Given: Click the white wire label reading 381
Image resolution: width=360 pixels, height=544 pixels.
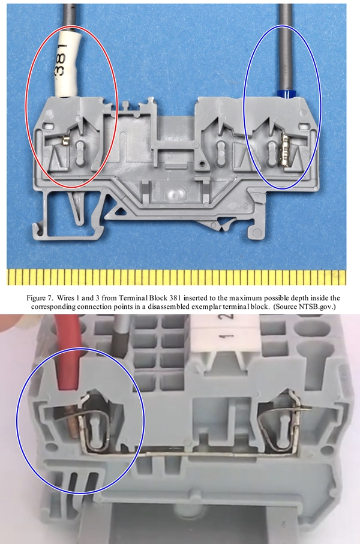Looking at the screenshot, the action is (x=67, y=63).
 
